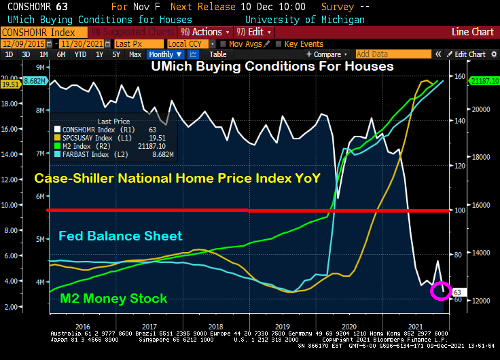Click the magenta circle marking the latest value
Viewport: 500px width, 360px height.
pos(441,291)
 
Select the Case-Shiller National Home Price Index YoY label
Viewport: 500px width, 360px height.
pos(177,179)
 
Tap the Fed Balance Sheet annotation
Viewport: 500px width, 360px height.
pos(120,236)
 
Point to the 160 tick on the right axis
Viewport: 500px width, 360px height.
pos(459,76)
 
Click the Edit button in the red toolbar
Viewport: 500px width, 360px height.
pos(255,32)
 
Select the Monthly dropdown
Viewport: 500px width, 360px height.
pos(165,54)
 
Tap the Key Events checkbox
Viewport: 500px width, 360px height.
pos(281,43)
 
